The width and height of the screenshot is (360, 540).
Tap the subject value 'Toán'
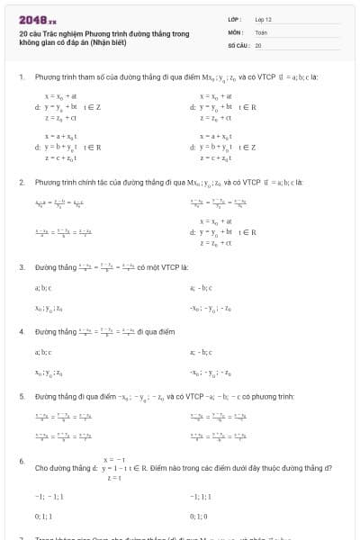tap(261, 31)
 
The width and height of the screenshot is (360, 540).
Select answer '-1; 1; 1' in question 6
tap(200, 497)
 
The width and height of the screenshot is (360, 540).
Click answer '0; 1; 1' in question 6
tap(43, 517)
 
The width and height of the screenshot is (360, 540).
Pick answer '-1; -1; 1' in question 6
tap(45, 497)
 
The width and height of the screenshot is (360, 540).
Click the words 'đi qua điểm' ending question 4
tap(158, 331)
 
